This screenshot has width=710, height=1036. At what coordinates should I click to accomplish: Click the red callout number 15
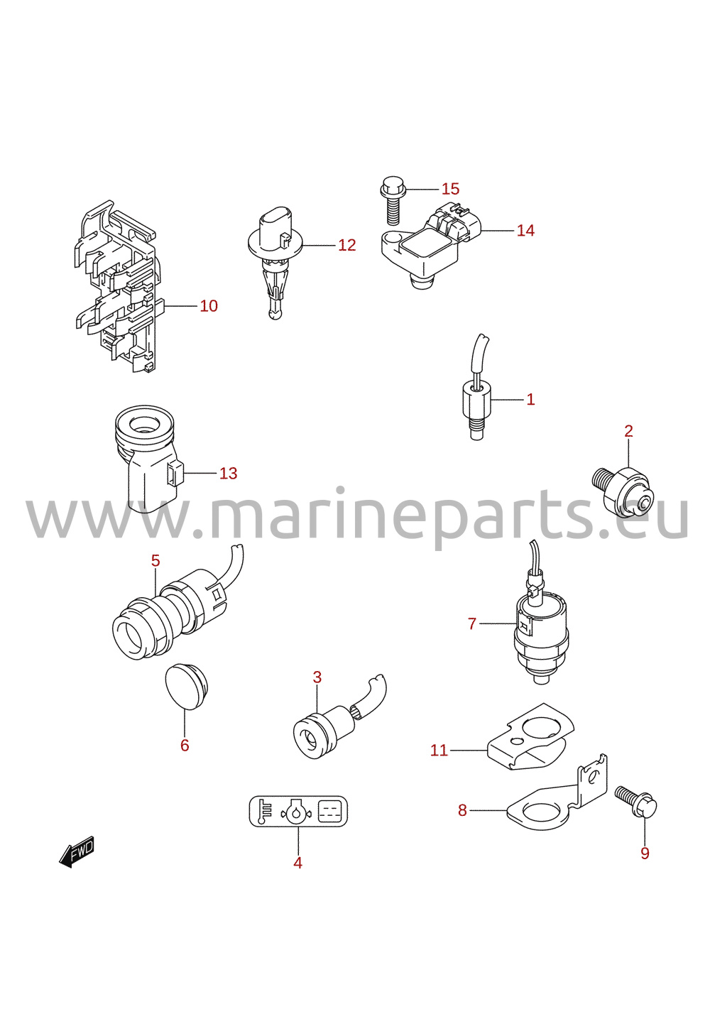[450, 189]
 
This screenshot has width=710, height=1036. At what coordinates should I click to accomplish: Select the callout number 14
[525, 230]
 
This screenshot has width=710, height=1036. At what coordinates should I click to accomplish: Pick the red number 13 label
[228, 473]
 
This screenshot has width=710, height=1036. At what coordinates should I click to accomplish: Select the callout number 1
[530, 399]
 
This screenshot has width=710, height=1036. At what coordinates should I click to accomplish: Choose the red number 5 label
[155, 560]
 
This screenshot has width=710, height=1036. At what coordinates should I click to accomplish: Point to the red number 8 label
[462, 810]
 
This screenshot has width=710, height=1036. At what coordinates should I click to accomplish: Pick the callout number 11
[439, 750]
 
